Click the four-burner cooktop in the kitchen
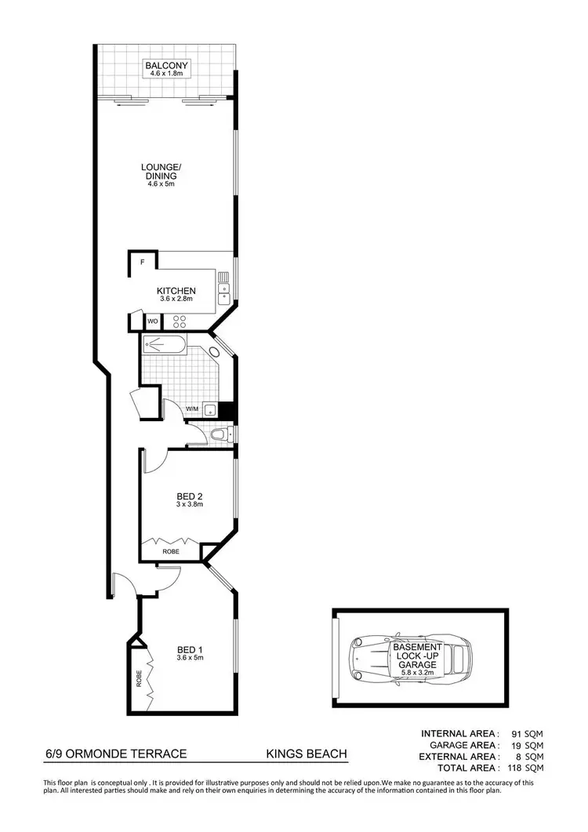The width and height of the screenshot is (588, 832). coord(179,321)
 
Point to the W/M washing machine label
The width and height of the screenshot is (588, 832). coord(192,409)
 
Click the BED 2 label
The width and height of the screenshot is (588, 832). coord(190,496)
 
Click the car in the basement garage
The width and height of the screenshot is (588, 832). coord(412,657)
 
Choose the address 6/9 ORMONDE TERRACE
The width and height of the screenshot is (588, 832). coord(116,754)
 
